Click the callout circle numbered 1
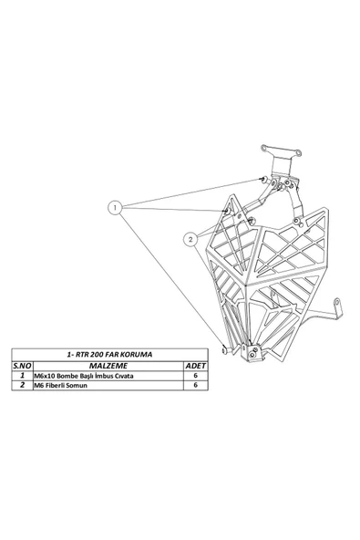pos(116,208)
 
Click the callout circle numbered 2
pos(190,240)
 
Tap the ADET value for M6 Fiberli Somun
pos(196,386)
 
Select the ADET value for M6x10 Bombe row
pos(196,375)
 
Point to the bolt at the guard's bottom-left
pos(224,348)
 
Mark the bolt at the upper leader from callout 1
pos(261,179)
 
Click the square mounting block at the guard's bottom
pos(252,351)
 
